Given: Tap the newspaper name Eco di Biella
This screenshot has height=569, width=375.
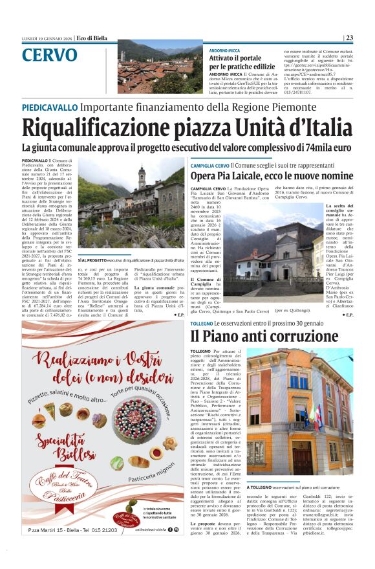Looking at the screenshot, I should point(91,38).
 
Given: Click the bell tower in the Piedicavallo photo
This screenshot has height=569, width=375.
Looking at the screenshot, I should point(142,177).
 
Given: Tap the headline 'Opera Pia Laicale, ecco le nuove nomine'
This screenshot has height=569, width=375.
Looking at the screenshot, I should point(272,176).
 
